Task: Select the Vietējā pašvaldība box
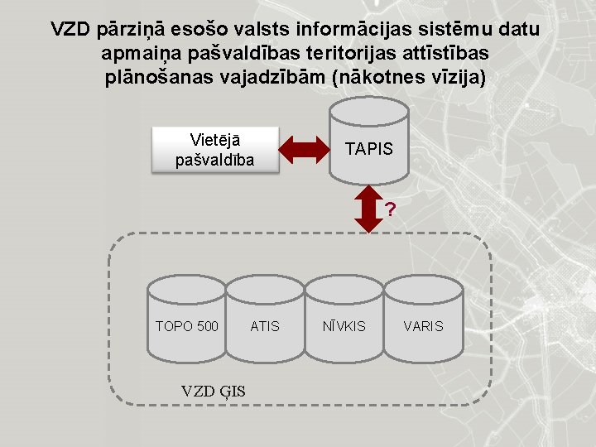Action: click(x=214, y=149)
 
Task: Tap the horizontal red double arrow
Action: click(x=305, y=149)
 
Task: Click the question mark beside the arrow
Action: click(x=390, y=209)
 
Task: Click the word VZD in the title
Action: click(x=71, y=30)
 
